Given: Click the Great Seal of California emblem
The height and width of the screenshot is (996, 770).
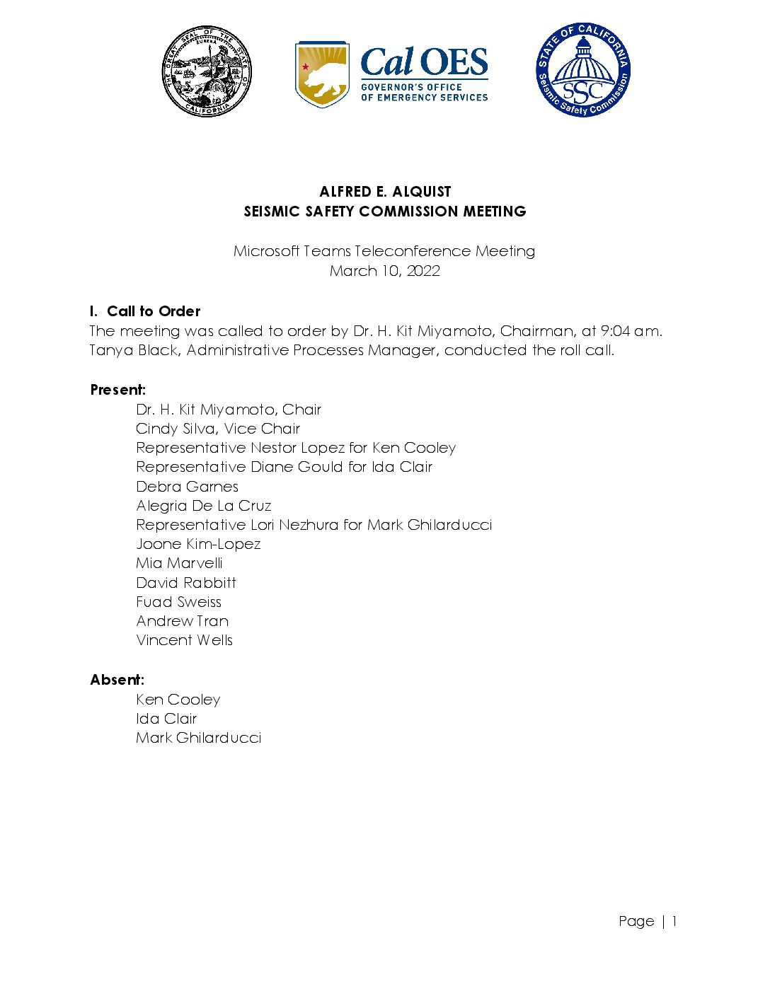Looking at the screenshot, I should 206,71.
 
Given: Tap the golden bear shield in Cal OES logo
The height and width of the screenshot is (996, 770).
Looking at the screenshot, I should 322,74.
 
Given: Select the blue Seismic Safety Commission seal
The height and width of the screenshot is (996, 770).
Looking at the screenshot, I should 582,69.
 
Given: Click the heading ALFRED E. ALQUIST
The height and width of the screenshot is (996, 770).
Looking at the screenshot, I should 385,192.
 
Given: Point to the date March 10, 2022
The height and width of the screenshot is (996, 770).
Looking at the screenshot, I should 385,271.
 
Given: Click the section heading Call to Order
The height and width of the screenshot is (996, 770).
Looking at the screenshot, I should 154,311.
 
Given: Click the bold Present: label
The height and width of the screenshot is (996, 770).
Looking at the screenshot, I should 118,390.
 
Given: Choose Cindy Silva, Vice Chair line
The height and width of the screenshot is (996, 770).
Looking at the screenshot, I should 218,429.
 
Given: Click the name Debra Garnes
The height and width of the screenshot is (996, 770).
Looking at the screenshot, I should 187,487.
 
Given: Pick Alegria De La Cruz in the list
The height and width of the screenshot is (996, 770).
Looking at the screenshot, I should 204,506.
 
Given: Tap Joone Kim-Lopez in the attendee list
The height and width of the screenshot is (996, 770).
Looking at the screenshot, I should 198,544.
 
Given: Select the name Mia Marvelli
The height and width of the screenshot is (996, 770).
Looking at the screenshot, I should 179,563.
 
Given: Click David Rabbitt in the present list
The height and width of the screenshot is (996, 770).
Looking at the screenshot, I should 186,583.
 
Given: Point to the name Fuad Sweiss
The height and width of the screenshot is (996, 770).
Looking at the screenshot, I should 178,602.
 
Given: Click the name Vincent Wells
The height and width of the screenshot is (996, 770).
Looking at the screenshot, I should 184,640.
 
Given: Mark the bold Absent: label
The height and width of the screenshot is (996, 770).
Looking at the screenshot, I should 117,680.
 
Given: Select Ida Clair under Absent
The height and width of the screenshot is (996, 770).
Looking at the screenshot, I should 166,719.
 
